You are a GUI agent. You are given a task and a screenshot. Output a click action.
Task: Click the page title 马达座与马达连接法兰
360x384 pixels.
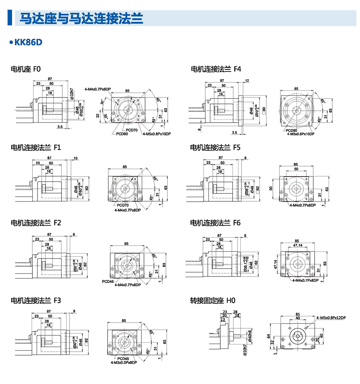point(81,18)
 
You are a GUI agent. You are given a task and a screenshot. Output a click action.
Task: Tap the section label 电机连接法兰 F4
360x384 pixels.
point(216,69)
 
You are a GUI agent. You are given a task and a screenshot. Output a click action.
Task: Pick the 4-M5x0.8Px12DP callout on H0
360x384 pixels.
point(331,318)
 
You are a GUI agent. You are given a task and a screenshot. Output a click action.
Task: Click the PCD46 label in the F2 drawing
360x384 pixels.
point(108,281)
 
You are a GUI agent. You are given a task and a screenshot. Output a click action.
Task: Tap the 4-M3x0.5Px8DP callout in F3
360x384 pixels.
point(123,362)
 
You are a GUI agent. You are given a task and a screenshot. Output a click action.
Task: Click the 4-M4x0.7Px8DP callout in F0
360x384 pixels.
point(97,89)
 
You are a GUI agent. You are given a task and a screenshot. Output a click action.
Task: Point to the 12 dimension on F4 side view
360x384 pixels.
point(247,81)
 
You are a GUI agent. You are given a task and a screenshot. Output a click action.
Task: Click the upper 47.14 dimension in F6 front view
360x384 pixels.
point(298,245)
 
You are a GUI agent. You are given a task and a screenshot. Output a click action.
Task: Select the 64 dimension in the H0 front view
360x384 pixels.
point(269,337)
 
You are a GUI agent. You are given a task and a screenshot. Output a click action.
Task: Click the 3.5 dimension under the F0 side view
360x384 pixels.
point(60,127)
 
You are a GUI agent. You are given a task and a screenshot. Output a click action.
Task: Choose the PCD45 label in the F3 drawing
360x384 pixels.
point(123,358)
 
